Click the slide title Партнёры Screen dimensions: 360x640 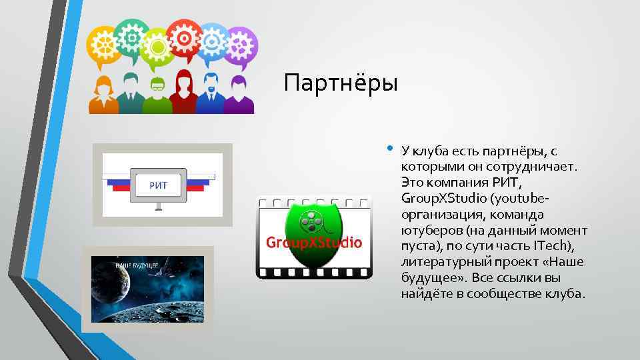[x=340, y=84]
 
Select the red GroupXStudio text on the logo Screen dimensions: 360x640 [x=314, y=242]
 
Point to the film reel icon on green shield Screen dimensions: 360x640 [x=312, y=219]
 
